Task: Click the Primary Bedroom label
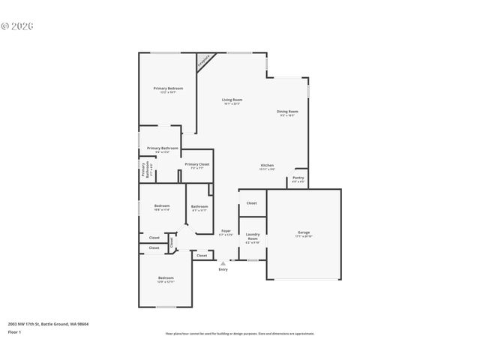point(168,88)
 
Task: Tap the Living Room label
point(232,100)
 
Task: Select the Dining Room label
point(288,112)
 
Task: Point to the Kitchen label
point(267,165)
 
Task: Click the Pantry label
point(298,178)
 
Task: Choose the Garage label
point(303,232)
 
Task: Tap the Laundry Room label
point(252,236)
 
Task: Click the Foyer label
point(226,231)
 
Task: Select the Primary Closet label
point(197,164)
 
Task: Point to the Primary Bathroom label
point(163,148)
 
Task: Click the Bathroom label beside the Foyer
point(199,206)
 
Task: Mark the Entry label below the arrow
point(223,269)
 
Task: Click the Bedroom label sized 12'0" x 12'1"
point(166,278)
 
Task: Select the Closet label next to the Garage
point(252,202)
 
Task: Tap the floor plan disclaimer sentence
point(240,334)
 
